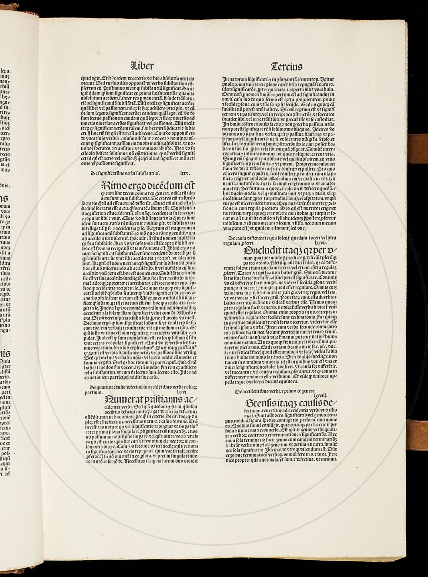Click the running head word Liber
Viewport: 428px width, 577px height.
point(143,66)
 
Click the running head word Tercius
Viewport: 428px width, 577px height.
point(286,66)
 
